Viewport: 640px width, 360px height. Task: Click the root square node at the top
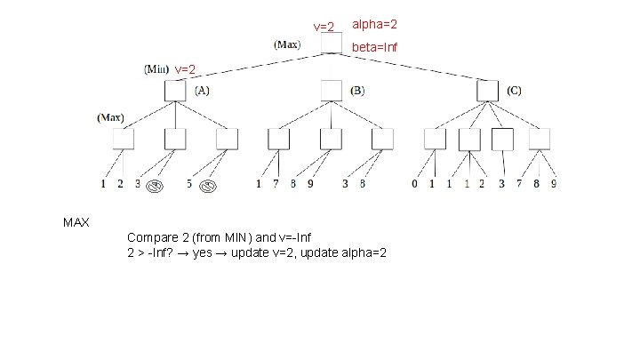click(x=331, y=43)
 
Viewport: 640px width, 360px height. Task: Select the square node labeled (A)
click(x=174, y=90)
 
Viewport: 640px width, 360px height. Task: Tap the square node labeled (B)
click(x=331, y=90)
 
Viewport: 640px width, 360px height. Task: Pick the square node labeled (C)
click(x=487, y=90)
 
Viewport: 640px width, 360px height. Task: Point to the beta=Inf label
click(x=375, y=46)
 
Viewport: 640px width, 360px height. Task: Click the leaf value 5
click(x=189, y=185)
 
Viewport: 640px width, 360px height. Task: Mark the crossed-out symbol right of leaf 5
click(x=208, y=186)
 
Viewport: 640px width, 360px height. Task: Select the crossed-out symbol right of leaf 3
click(x=155, y=186)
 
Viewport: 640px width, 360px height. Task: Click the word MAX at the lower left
click(x=76, y=220)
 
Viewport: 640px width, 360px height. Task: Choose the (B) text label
click(x=357, y=91)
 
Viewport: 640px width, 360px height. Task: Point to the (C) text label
click(x=514, y=91)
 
